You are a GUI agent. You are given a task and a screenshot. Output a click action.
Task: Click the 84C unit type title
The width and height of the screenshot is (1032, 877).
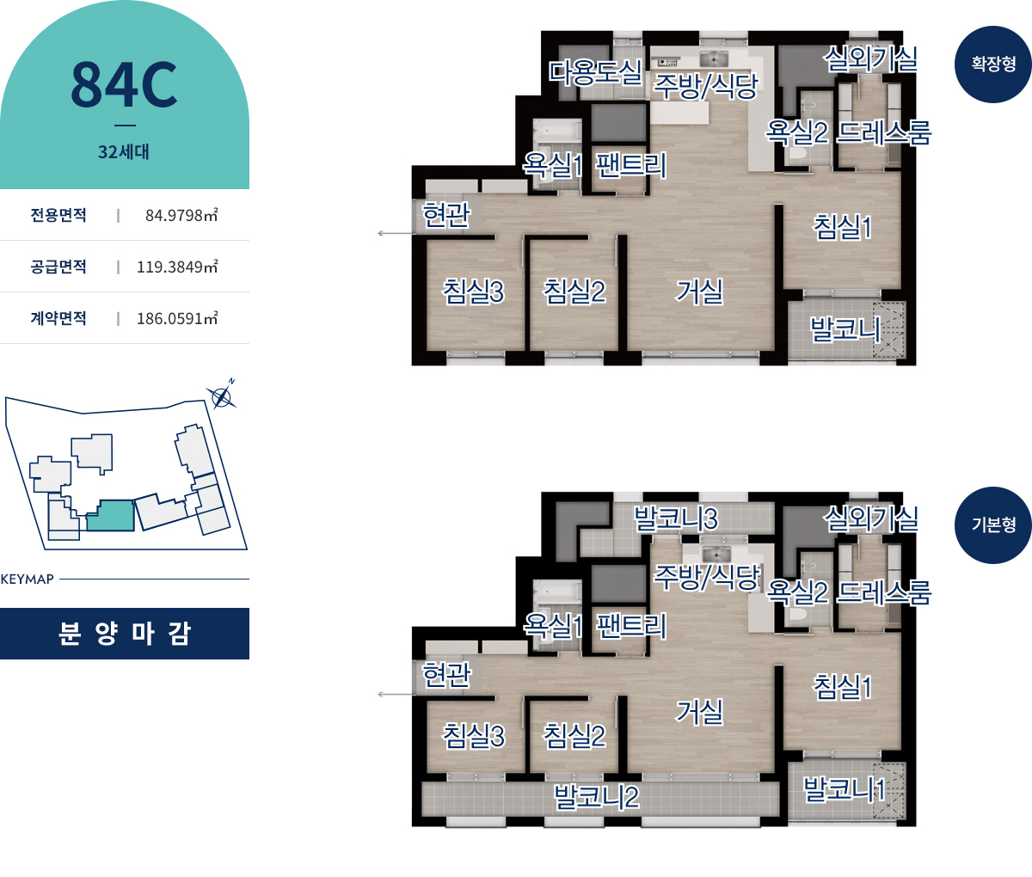(x=124, y=84)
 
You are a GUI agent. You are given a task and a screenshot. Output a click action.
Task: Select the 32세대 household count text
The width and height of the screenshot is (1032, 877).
(x=124, y=151)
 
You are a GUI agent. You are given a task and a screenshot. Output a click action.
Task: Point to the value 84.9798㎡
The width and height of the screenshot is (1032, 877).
(x=181, y=215)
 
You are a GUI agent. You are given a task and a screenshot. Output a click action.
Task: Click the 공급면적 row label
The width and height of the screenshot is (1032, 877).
(x=58, y=267)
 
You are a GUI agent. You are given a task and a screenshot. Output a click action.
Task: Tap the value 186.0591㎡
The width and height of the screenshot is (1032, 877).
(x=178, y=318)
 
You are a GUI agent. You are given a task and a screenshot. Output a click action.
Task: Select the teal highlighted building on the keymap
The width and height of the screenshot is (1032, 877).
(x=110, y=516)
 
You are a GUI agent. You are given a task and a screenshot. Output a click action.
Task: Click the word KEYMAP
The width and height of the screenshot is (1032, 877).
(x=28, y=579)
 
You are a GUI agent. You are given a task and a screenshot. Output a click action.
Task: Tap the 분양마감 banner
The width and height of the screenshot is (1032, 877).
(x=125, y=634)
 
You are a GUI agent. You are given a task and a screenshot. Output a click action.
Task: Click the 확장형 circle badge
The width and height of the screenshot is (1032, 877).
(x=992, y=64)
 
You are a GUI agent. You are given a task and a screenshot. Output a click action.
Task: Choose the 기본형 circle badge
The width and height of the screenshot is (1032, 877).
(x=992, y=525)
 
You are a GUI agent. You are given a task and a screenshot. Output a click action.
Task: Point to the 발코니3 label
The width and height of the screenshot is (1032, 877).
(x=676, y=518)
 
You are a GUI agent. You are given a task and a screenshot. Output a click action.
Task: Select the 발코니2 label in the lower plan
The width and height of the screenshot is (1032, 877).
(x=597, y=797)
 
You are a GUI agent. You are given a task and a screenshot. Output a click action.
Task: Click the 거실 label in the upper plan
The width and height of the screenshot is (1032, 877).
(x=699, y=292)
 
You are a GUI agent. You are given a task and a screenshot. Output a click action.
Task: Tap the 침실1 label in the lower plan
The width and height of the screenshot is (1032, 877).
(x=843, y=687)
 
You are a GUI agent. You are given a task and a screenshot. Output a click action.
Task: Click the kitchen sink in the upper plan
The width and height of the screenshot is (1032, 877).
(x=714, y=59)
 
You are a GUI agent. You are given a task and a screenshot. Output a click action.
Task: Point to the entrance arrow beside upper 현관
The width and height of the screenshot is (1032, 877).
(x=396, y=233)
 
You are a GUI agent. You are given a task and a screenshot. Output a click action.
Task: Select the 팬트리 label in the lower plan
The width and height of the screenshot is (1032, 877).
(x=631, y=626)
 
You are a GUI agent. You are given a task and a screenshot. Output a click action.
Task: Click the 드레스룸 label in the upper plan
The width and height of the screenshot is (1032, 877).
(x=884, y=132)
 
